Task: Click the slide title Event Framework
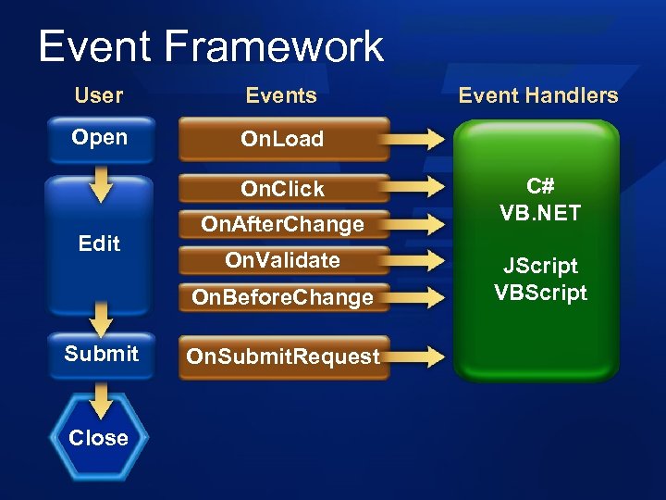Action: (211, 46)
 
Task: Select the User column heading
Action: (99, 95)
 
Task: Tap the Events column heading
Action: (281, 95)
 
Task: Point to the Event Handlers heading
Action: (538, 95)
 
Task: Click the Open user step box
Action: (99, 139)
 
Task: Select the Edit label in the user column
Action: (99, 244)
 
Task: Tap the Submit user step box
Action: (101, 354)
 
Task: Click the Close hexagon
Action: (98, 438)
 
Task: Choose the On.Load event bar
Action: (283, 140)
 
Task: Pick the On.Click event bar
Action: (283, 189)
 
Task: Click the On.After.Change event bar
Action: (283, 224)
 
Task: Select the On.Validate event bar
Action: (283, 260)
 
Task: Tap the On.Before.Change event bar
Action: (283, 297)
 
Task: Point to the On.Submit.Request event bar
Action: (283, 356)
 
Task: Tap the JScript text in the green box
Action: (540, 267)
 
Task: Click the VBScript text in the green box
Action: (540, 293)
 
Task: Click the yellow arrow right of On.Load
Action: (418, 140)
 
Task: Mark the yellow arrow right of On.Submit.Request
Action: (418, 356)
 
